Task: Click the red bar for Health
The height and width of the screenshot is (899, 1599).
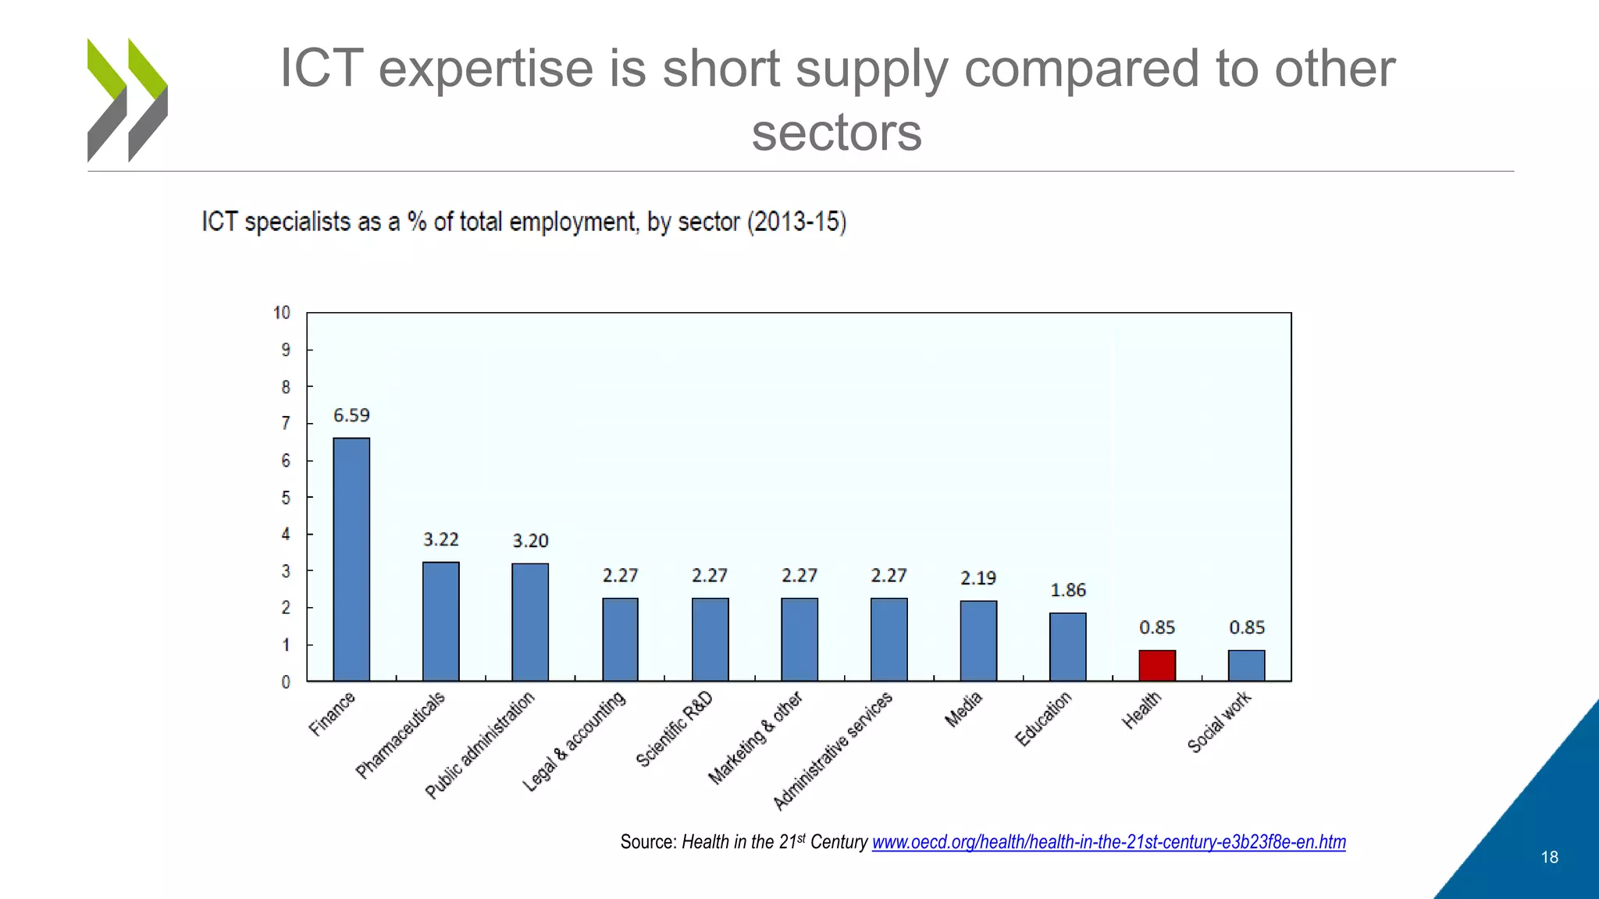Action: click(1157, 665)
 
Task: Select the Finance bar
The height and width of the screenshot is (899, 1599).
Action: click(351, 559)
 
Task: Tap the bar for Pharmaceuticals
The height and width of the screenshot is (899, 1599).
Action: click(441, 621)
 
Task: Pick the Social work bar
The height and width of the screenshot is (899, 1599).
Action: click(1246, 665)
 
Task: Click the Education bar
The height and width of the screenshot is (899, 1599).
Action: click(1067, 646)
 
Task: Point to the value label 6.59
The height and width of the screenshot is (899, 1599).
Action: click(351, 415)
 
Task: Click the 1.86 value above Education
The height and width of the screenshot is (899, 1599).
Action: click(1067, 590)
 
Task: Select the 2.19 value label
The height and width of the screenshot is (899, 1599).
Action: click(978, 577)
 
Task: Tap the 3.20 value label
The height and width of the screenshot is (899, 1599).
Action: click(530, 541)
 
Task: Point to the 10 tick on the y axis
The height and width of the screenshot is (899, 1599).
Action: click(282, 313)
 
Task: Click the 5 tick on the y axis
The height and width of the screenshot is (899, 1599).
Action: click(286, 497)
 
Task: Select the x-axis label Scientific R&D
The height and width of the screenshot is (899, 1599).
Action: click(674, 729)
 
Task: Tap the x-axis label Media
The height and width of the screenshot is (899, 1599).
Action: click(963, 709)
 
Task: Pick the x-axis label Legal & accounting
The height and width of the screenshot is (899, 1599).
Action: click(574, 741)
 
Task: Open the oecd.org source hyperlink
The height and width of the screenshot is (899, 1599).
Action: click(1109, 842)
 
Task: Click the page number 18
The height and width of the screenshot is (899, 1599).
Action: click(1549, 857)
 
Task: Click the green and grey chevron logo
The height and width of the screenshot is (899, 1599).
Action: click(127, 100)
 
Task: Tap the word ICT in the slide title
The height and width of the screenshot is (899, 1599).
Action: click(322, 68)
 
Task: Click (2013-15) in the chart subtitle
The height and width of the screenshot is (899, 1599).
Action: click(796, 222)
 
